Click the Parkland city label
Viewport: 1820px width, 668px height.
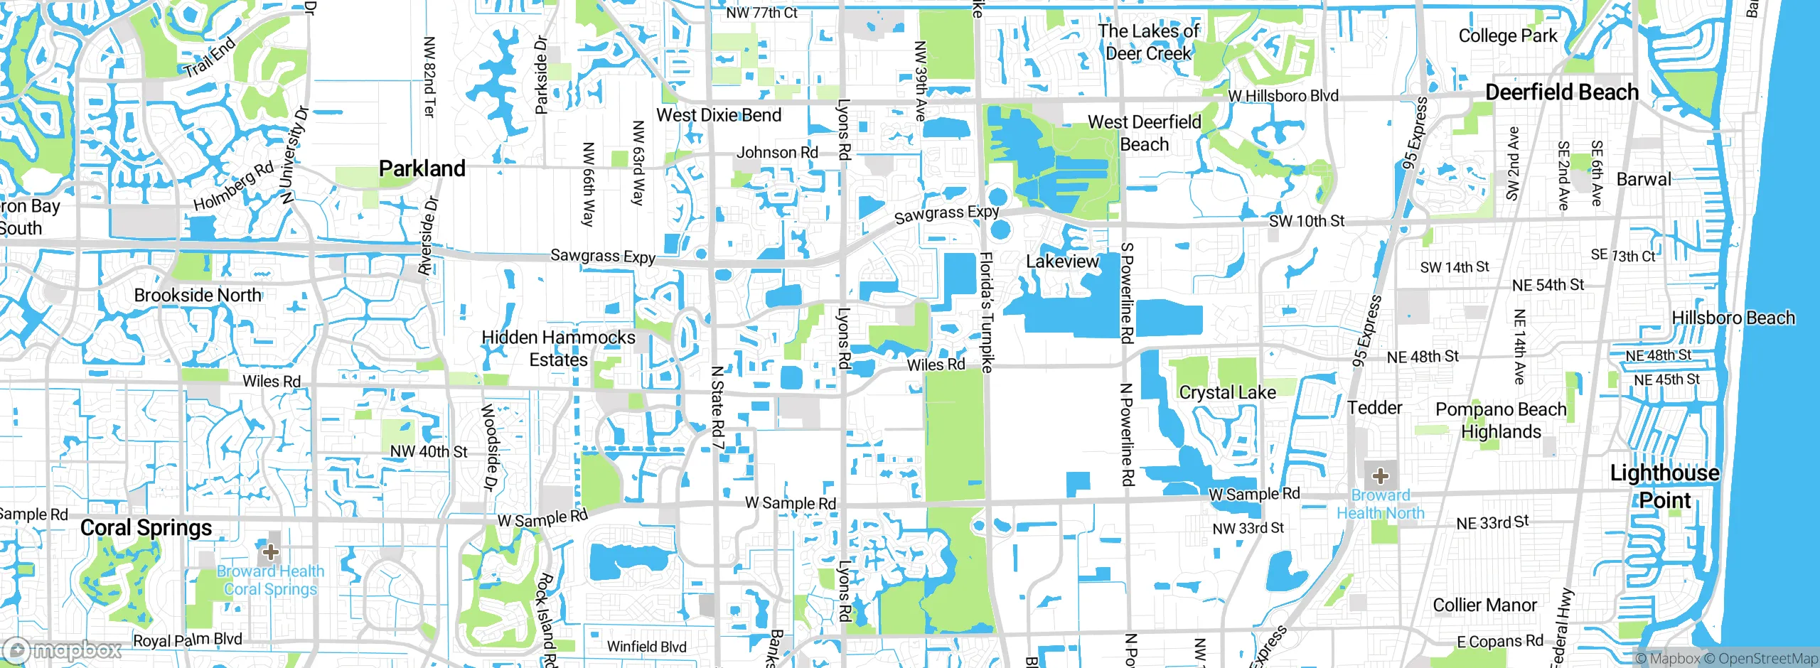[x=422, y=168]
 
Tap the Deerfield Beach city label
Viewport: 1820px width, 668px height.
[x=1562, y=92]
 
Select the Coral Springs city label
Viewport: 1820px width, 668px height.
[x=146, y=528]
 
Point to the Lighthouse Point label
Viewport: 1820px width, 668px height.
[x=1664, y=486]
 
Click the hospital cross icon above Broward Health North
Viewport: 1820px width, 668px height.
[x=1380, y=475]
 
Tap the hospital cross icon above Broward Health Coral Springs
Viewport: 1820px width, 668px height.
[x=270, y=551]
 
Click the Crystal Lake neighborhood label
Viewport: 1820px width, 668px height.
[x=1227, y=392]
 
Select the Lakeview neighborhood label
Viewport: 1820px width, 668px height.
[x=1062, y=262]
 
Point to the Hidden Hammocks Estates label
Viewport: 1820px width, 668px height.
[x=558, y=348]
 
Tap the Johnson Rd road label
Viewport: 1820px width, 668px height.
[x=777, y=153]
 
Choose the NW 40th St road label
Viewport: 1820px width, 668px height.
[x=429, y=452]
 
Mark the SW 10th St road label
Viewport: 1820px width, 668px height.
[x=1306, y=221]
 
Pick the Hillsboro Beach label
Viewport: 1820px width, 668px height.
[x=1733, y=318]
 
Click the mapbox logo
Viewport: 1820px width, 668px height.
[x=63, y=650]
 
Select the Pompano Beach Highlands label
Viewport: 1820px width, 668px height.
[x=1501, y=420]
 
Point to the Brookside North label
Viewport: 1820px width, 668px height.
[x=198, y=295]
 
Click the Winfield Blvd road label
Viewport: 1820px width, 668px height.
[x=646, y=647]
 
